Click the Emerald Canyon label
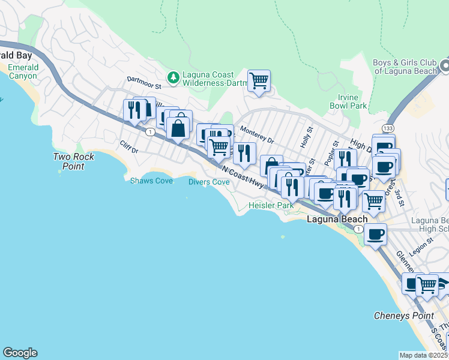[23, 71]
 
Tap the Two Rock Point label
[69, 161]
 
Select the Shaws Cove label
[151, 181]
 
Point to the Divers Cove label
[209, 182]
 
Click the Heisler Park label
[271, 205]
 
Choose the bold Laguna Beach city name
[337, 220]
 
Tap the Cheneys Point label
[403, 316]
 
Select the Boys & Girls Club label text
[405, 67]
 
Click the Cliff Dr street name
[129, 147]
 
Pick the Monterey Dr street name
[257, 134]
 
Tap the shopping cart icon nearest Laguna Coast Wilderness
[259, 80]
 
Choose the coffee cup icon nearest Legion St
[376, 235]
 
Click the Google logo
[20, 353]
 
